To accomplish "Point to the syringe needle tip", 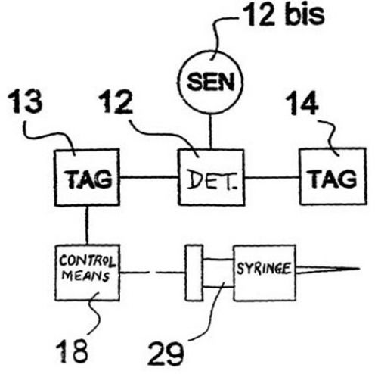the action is (x=359, y=269).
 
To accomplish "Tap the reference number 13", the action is (x=25, y=101).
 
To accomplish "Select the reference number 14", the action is (x=302, y=103).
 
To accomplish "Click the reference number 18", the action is (x=72, y=351).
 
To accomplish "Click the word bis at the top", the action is (x=305, y=14).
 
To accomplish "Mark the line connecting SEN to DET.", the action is (x=211, y=132).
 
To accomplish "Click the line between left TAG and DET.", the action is (x=149, y=177).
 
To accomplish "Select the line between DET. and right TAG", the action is (x=272, y=178).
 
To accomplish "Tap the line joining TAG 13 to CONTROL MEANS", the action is (x=87, y=225).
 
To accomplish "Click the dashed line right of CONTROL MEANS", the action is (x=153, y=273).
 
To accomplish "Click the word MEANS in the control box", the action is (x=85, y=276).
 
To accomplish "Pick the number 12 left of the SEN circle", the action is (x=116, y=101).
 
